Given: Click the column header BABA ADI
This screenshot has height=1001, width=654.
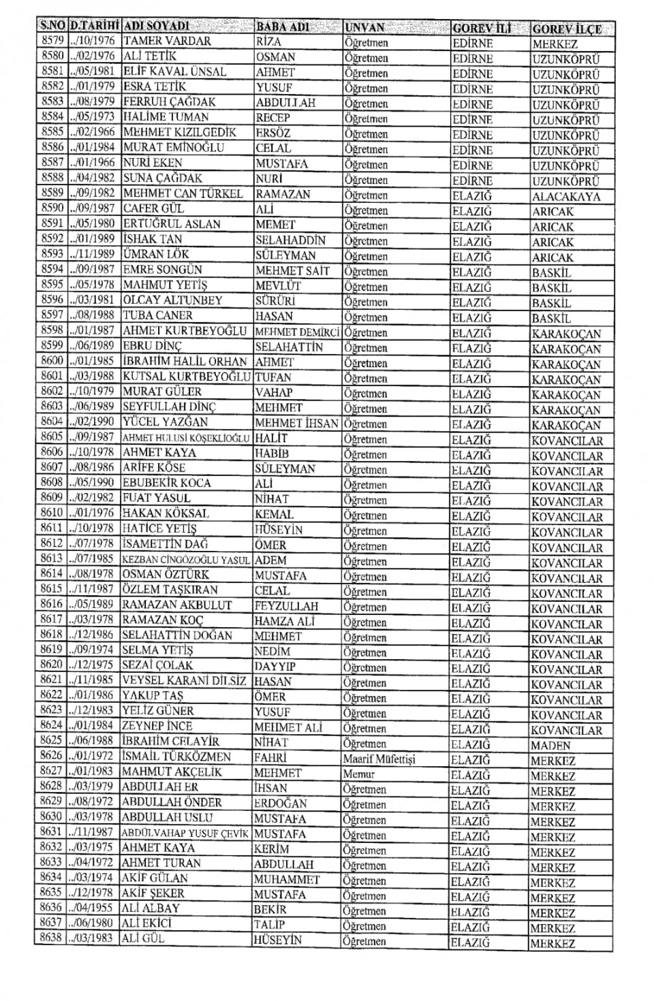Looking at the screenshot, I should pos(283,27).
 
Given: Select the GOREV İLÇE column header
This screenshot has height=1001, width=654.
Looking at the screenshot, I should pos(567,29).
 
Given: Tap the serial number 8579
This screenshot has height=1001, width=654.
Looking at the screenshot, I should pos(52,41).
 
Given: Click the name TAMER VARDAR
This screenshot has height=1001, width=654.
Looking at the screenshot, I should pos(167,41).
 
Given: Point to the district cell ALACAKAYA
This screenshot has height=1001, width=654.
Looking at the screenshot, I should pos(566,197).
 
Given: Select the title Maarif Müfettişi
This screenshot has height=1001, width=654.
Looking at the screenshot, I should pos(379,759).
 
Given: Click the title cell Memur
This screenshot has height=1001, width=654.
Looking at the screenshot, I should pos(359,774).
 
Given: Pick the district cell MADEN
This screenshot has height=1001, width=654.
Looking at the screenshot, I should pos(550,745).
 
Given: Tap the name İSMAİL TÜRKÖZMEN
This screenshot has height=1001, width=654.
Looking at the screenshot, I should pos(176,757).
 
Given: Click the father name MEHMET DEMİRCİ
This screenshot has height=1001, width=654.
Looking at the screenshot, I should pos(297,332).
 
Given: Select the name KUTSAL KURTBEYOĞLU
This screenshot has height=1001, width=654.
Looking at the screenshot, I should pos(187,377).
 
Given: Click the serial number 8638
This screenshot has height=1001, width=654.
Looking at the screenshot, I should pos(51,938).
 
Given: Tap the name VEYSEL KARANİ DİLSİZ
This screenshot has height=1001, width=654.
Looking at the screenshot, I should pos(184,680).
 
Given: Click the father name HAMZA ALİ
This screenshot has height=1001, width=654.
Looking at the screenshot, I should pos(284,621).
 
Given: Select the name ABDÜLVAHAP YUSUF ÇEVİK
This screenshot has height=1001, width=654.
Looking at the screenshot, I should pos(185,833).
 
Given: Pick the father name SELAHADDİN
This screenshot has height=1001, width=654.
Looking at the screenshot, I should pos(290,240).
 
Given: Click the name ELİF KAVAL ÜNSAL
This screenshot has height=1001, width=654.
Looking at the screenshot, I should pos(174,71).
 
